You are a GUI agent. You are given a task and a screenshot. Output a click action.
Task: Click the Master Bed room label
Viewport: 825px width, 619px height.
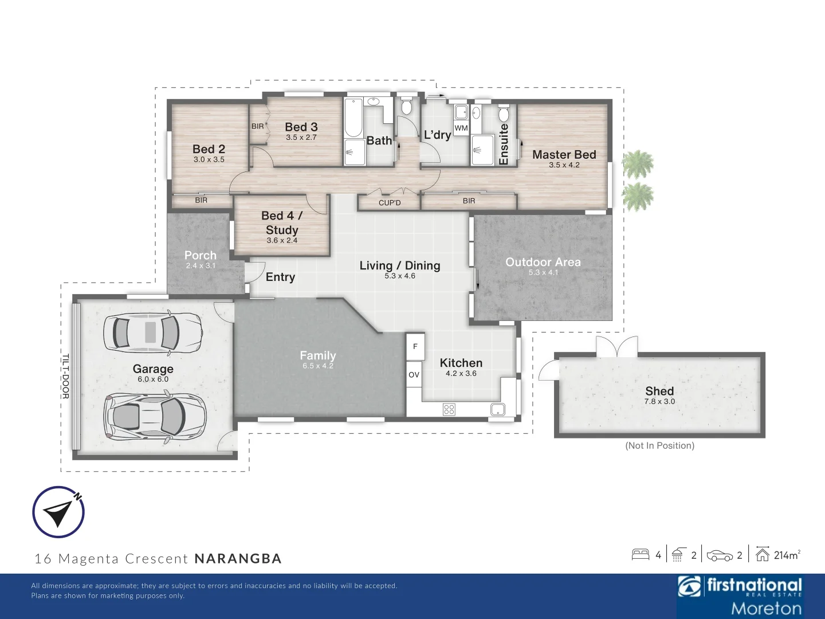pos(564,155)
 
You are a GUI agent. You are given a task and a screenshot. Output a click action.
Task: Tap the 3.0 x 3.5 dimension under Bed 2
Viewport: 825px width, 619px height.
pos(209,160)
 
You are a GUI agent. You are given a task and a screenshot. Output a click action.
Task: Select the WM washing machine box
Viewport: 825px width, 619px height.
pos(461,128)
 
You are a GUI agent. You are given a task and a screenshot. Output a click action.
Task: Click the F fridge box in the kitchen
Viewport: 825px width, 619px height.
pos(415,346)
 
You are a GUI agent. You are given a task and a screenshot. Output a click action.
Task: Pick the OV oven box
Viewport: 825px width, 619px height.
pos(414,374)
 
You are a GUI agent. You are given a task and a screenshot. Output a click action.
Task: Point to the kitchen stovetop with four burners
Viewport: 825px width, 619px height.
pos(449,409)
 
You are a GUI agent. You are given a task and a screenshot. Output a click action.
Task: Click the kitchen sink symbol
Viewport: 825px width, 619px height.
pos(497,409)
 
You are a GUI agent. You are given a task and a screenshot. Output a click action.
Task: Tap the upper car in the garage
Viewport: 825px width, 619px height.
pos(152,332)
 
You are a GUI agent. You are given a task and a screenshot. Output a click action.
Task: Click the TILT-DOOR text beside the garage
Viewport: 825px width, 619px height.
pos(65,376)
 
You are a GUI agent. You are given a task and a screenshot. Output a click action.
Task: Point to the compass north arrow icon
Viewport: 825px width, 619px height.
pos(58,512)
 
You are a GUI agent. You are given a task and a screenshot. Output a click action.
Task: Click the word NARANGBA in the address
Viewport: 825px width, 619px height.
pos(238,559)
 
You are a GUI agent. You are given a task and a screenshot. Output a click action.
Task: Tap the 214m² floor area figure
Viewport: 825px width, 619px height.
pos(787,555)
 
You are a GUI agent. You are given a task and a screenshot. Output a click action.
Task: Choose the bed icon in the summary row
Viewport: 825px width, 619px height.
pos(641,554)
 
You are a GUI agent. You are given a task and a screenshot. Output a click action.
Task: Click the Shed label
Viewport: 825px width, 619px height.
pos(659,391)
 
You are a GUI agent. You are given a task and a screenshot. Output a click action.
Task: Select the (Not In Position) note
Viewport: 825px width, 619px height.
pos(659,445)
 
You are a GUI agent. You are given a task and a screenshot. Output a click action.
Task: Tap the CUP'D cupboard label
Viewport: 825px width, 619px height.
pos(390,203)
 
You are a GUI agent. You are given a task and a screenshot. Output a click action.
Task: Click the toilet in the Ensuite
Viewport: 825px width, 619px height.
pos(504,113)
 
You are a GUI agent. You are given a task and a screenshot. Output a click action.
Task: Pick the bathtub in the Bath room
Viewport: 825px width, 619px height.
pos(353,118)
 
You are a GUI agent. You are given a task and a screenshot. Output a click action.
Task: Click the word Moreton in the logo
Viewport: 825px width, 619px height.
pos(766,608)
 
